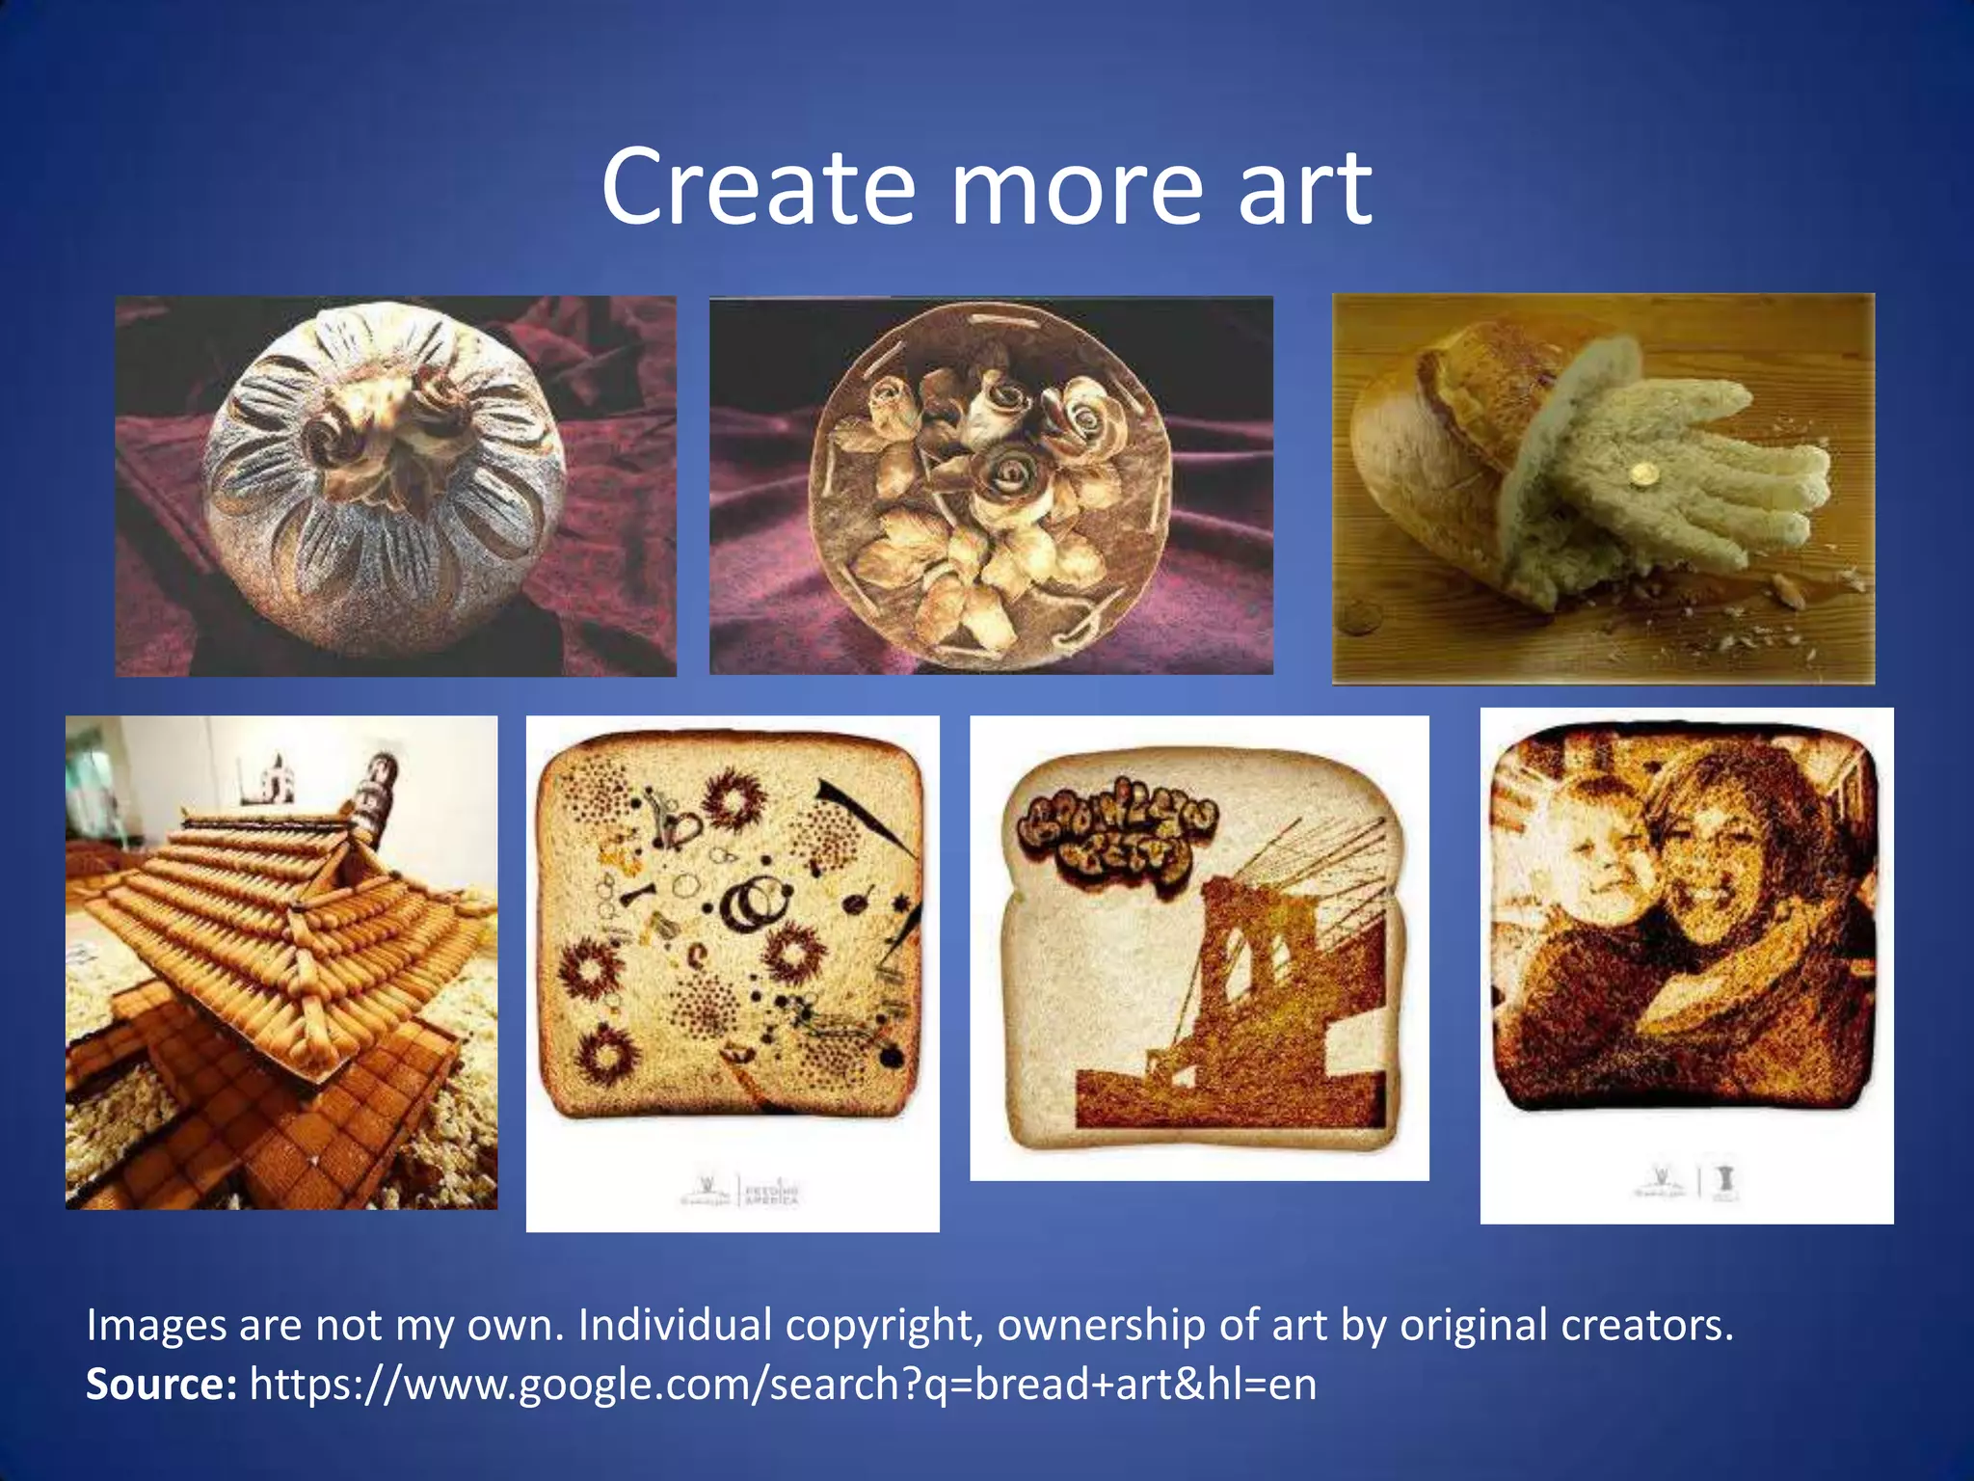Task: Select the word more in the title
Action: [1076, 189]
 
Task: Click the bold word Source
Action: [161, 1384]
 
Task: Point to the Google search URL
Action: [783, 1385]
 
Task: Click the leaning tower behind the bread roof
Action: [371, 791]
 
